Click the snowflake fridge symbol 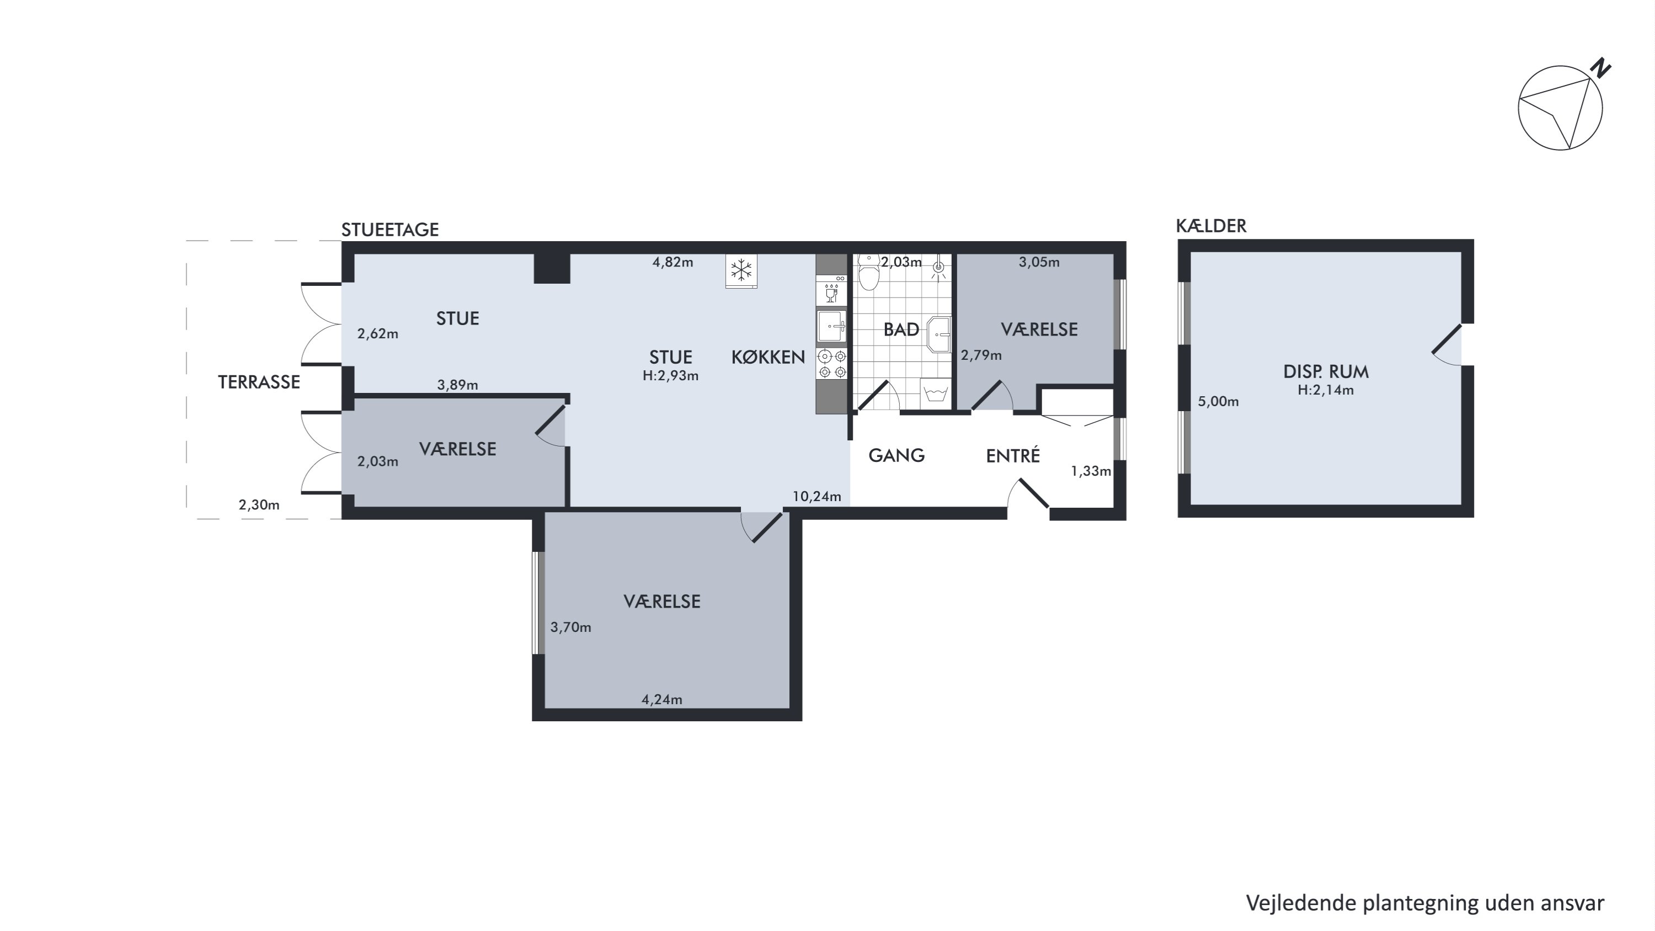tap(741, 270)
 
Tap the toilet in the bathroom tap(869, 273)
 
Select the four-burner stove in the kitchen tap(831, 363)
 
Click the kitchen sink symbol tap(831, 326)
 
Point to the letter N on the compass tap(1600, 68)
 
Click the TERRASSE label tap(259, 382)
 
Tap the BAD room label tap(901, 329)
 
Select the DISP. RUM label tap(1326, 371)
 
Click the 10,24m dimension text tap(816, 497)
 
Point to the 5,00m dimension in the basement tap(1218, 402)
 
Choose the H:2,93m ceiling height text tap(670, 376)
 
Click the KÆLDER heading tap(1211, 226)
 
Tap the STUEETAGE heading tap(390, 230)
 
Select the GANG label tap(896, 455)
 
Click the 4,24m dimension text tap(662, 700)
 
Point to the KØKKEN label tap(768, 357)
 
